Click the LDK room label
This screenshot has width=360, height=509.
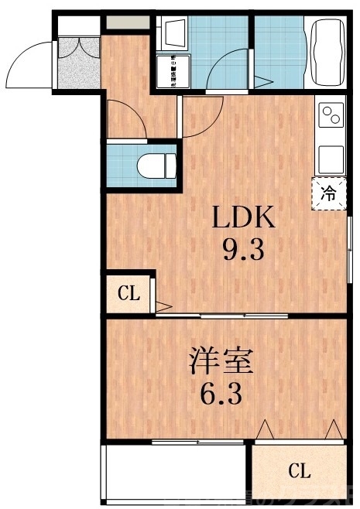pyautogui.click(x=245, y=218)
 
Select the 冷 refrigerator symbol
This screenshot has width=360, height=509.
pyautogui.click(x=329, y=193)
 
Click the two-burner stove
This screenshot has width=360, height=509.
pyautogui.click(x=331, y=117)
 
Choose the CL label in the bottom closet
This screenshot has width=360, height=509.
pyautogui.click(x=300, y=470)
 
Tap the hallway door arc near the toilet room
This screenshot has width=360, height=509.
pyautogui.click(x=124, y=116)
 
